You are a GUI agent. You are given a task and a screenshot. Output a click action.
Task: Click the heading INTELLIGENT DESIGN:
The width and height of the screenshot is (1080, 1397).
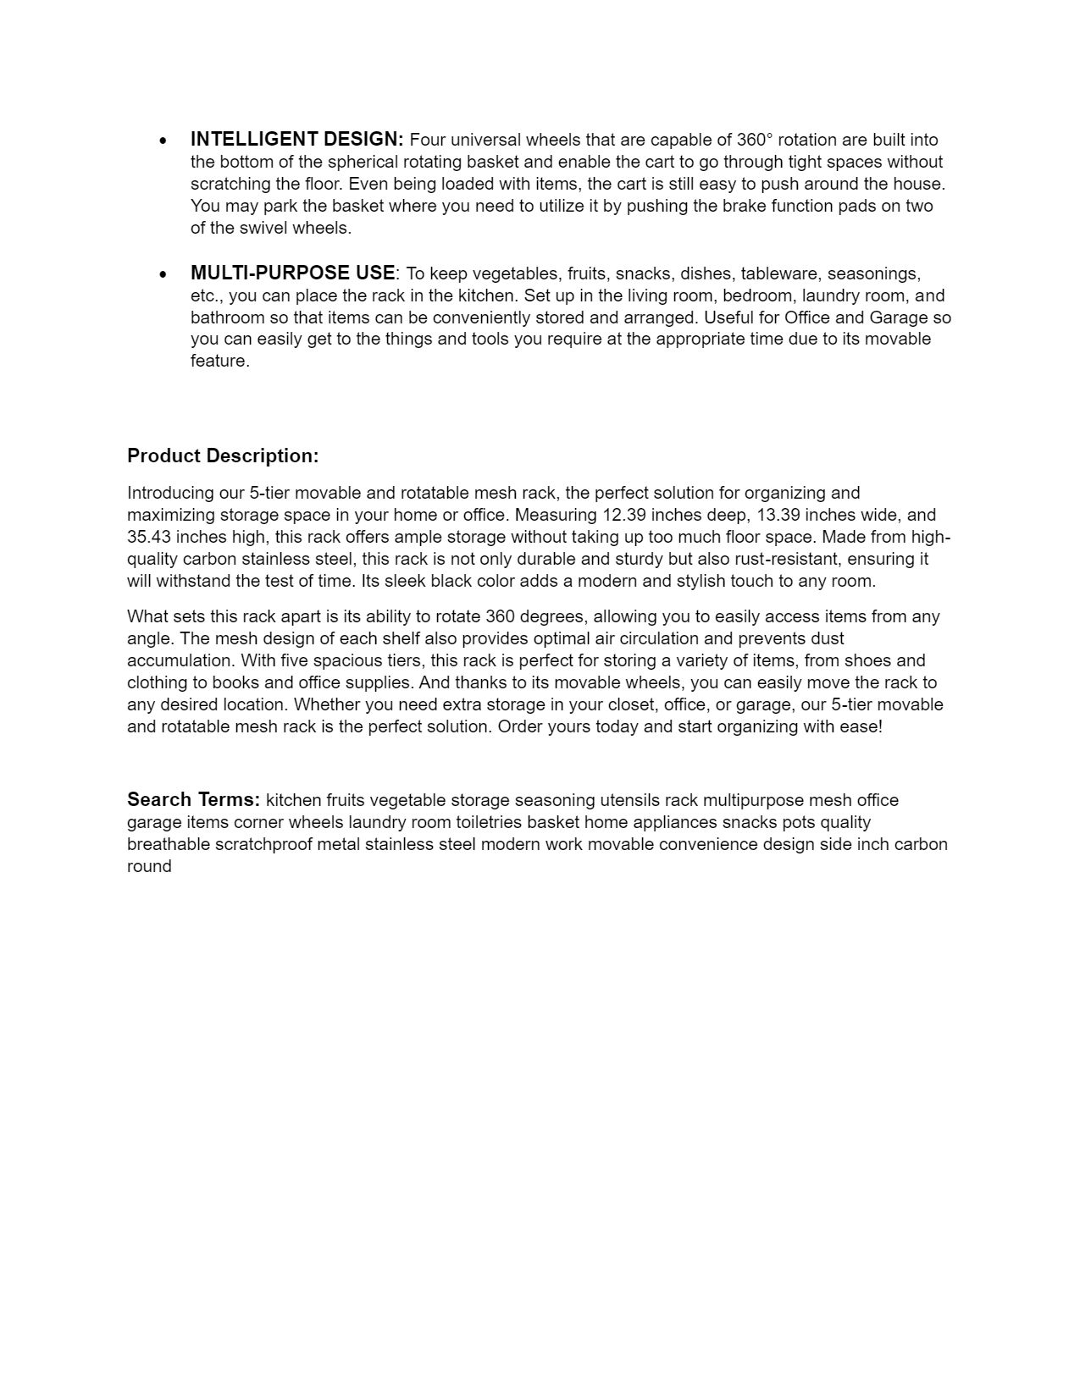pos(296,139)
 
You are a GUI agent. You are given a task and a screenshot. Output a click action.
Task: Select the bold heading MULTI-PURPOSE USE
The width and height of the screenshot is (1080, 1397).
pos(292,273)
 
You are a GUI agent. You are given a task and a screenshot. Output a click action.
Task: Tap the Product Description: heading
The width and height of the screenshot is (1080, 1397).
pos(223,456)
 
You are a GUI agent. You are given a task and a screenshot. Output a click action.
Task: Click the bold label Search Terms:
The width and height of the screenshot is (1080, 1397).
pos(193,799)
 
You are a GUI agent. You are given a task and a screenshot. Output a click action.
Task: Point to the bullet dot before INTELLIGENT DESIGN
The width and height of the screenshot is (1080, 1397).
pos(163,141)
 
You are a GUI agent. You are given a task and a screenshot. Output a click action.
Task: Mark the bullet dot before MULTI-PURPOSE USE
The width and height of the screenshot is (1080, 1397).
pos(163,274)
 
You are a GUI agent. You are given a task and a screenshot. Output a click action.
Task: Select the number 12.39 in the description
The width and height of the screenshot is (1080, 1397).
pos(624,515)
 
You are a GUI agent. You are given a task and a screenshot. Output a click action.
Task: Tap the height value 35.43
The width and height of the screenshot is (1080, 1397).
pos(149,537)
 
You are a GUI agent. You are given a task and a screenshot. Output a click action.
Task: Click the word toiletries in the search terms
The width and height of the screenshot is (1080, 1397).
pos(489,822)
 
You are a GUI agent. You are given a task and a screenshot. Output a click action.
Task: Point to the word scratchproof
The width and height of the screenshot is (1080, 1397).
pos(263,844)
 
